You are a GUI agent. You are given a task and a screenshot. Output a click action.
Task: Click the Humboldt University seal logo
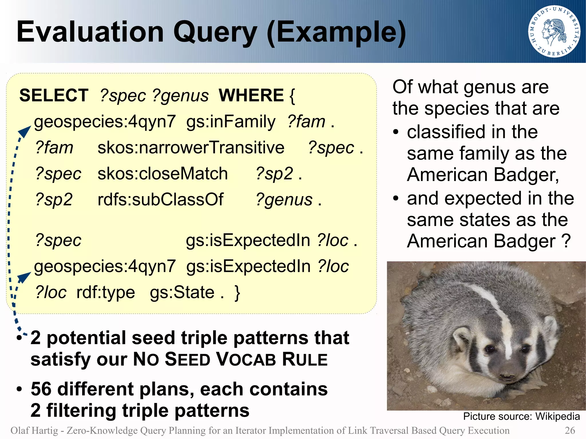click(554, 31)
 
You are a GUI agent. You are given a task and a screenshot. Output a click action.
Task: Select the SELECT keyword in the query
click(54, 95)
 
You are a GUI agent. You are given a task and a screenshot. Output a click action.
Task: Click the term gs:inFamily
click(231, 122)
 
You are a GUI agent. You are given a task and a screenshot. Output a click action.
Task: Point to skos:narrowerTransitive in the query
click(191, 148)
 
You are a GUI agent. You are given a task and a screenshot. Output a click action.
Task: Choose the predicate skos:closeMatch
click(163, 174)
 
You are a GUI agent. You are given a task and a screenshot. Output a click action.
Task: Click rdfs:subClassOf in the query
click(160, 199)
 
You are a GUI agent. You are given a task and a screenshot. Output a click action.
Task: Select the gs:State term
click(182, 292)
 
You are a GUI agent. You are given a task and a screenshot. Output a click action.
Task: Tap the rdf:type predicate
click(106, 292)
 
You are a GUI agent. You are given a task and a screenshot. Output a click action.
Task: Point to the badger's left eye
click(525, 349)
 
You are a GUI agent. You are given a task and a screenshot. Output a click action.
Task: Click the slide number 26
click(570, 430)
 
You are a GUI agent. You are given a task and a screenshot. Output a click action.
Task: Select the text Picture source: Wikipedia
click(521, 416)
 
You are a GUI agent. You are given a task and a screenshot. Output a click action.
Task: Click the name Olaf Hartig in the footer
click(34, 430)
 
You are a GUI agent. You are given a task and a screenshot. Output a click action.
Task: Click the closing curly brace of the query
click(237, 292)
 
